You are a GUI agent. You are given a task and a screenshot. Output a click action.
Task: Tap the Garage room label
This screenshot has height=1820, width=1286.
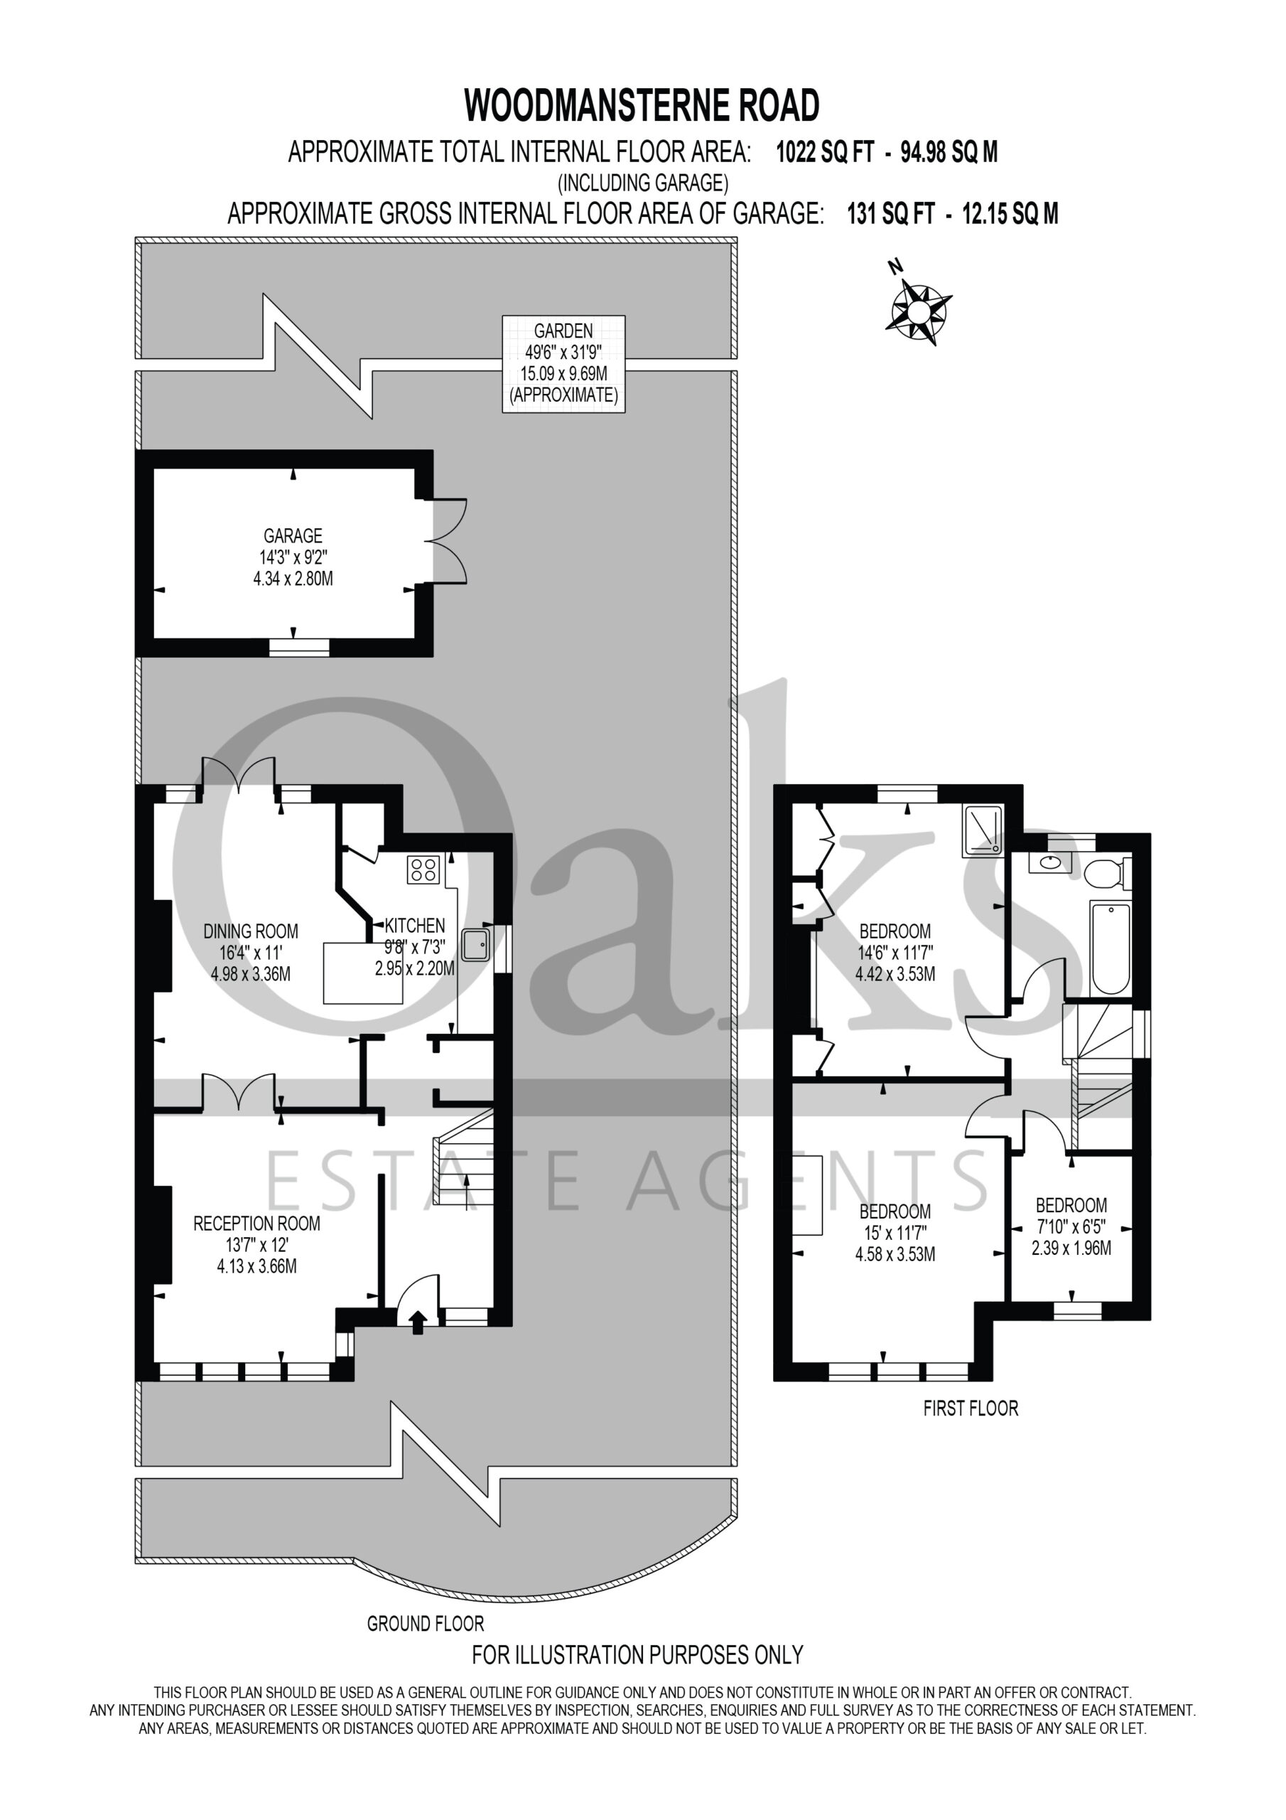(293, 557)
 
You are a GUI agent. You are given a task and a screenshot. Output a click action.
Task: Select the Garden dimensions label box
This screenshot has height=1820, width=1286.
(563, 364)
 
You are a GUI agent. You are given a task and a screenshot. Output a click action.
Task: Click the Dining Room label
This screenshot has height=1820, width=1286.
(250, 952)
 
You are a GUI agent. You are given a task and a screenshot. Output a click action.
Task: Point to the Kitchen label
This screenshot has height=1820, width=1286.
(414, 946)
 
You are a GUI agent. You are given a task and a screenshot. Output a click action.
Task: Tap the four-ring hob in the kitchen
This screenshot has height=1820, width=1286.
(424, 869)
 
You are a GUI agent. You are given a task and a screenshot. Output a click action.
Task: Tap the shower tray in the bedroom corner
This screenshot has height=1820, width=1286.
(983, 831)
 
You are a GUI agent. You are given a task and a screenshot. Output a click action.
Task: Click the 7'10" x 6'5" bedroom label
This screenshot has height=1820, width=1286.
(1071, 1226)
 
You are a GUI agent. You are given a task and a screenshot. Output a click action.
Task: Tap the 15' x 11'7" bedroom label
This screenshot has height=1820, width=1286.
(895, 1233)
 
